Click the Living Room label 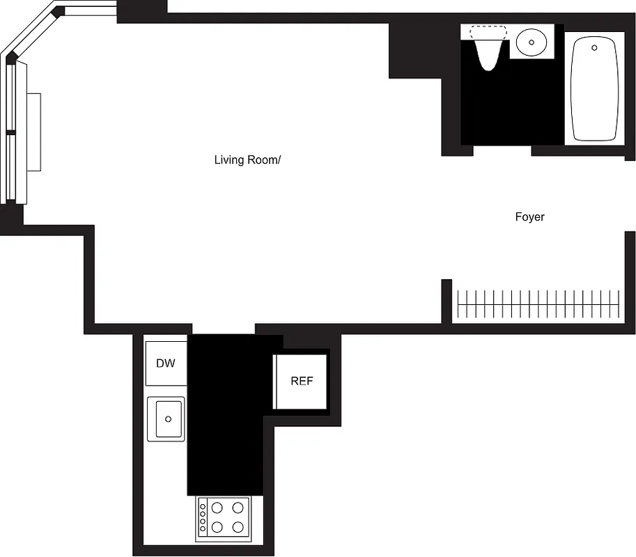247,160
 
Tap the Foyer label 529,217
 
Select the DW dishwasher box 166,363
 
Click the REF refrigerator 301,382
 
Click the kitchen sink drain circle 168,419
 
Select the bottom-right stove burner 238,527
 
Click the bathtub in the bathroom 594,88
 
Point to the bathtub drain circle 594,48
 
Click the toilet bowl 488,54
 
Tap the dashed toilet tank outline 488,31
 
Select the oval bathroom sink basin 532,42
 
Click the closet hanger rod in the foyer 536,304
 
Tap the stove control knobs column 203,517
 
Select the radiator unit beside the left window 33,132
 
